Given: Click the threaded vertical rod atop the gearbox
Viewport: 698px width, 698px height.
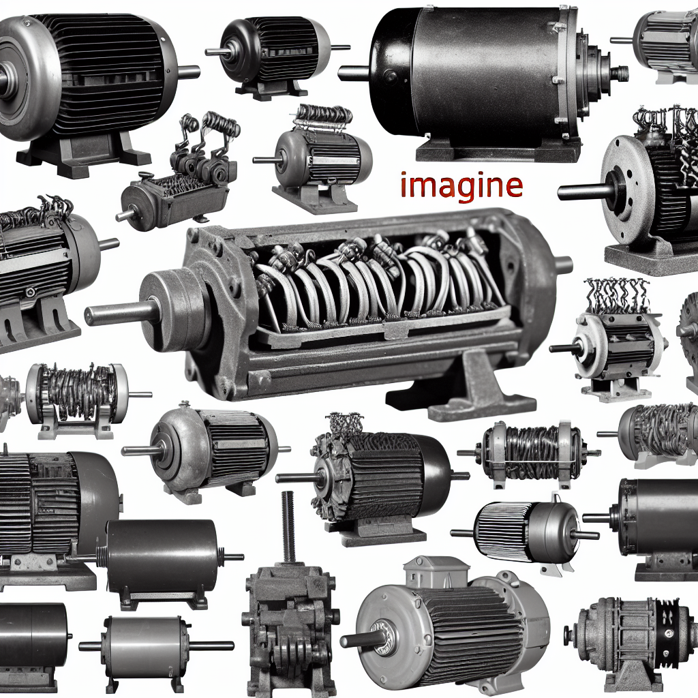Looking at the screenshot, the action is [x=288, y=528].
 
